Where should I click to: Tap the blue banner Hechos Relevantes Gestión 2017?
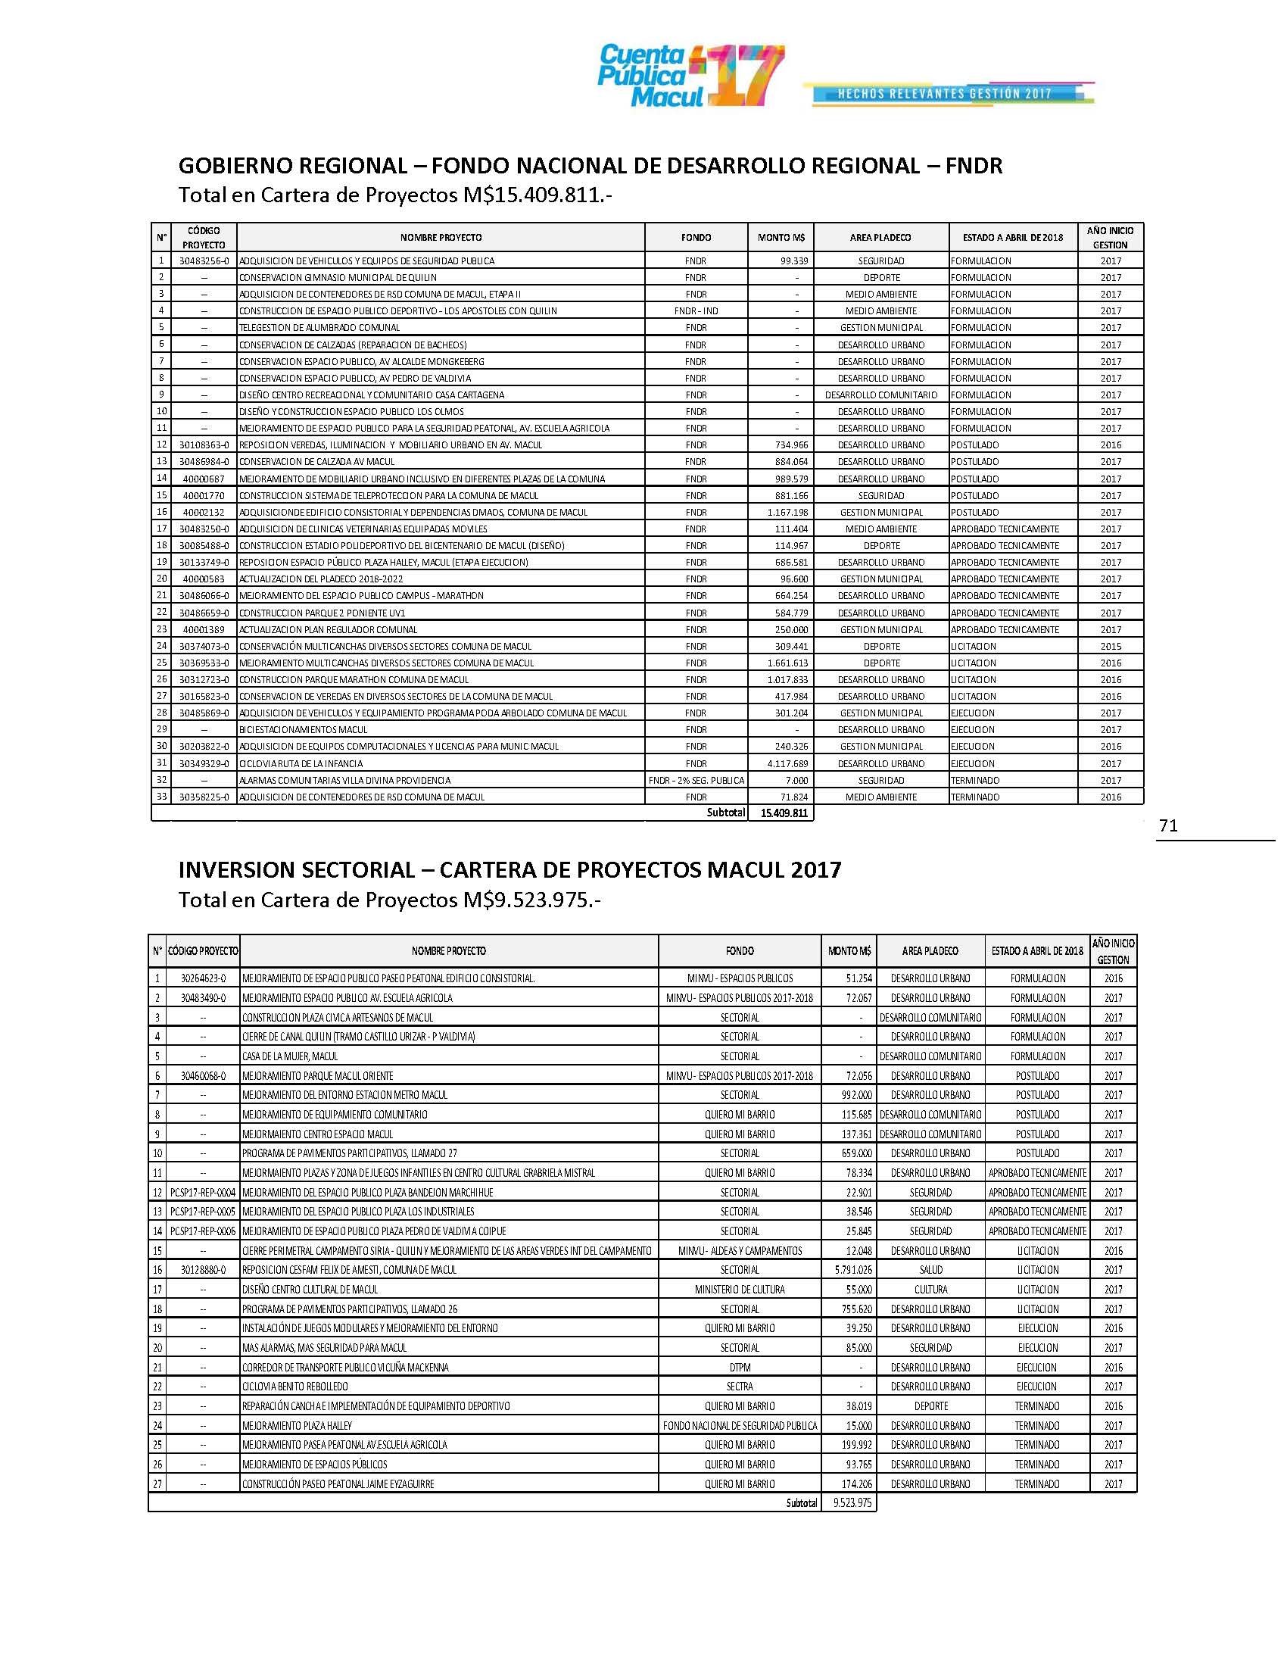pos(946,94)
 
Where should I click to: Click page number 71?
pos(1168,825)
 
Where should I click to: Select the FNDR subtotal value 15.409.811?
pos(784,813)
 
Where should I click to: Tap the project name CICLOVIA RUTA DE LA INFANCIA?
pos(301,763)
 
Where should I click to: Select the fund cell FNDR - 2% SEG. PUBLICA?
pos(695,780)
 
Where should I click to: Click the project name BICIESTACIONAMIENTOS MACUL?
pos(303,729)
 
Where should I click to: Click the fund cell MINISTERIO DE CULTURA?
pos(739,1289)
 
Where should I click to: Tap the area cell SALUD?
pos(930,1270)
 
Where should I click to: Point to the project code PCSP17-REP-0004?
pos(203,1192)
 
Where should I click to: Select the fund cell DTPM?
pos(739,1367)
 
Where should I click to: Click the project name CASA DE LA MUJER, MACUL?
pos(290,1056)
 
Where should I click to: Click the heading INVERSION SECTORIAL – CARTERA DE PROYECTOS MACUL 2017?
pos(510,870)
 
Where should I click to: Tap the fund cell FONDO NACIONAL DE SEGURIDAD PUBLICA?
pos(739,1426)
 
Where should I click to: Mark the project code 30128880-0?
pos(203,1270)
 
